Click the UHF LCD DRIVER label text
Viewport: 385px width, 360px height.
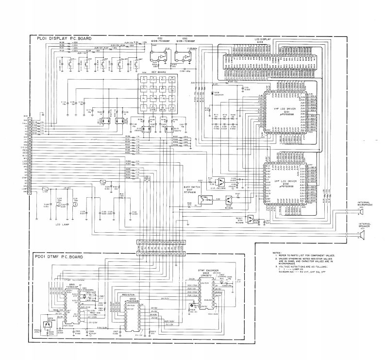(x=285, y=180)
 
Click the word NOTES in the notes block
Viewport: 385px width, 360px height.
(x=276, y=253)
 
